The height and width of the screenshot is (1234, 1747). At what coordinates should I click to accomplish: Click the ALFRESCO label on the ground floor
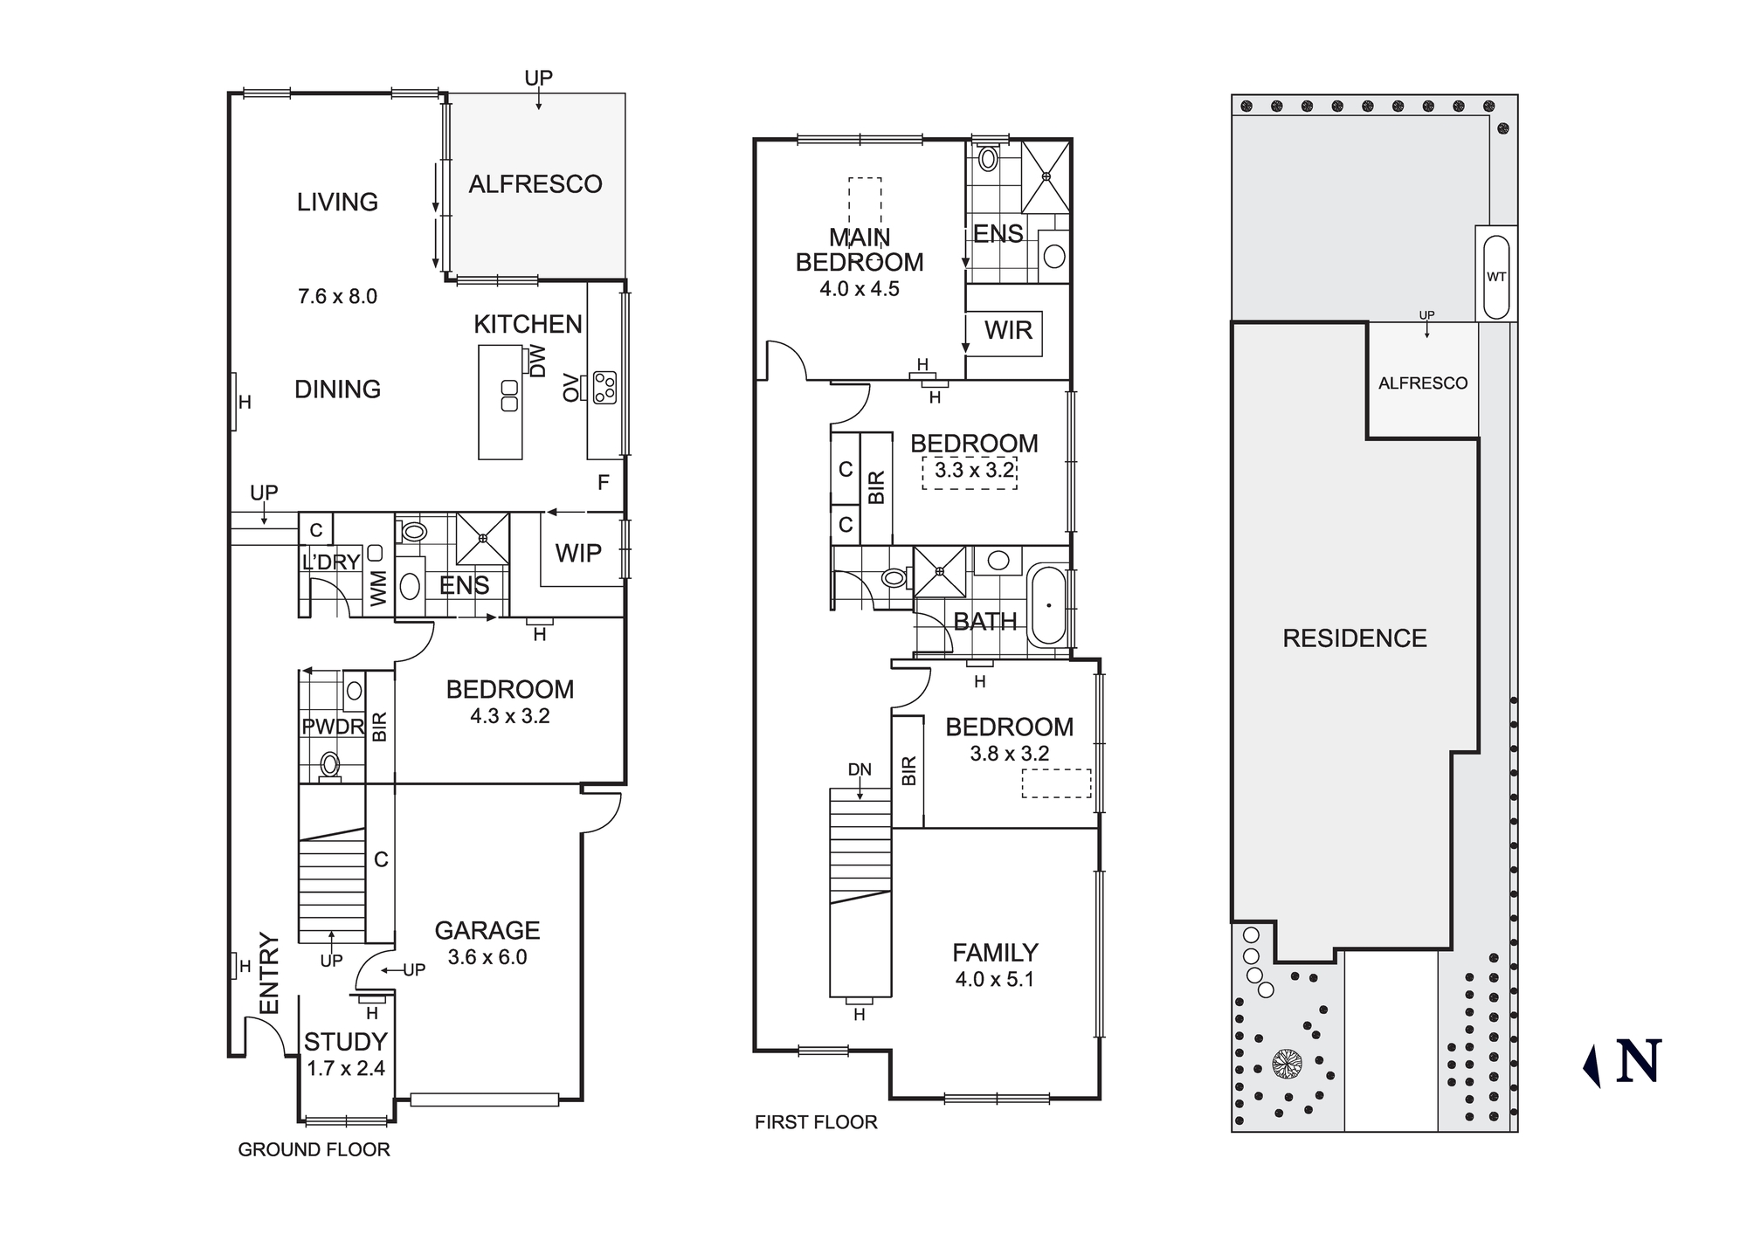[535, 184]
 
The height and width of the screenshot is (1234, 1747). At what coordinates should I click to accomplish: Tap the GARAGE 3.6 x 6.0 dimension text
[487, 957]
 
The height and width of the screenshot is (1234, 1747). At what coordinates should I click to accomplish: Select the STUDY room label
[346, 1042]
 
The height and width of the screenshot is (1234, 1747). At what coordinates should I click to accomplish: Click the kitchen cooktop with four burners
[604, 388]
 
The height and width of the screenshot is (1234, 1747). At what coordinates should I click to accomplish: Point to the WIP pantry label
[578, 553]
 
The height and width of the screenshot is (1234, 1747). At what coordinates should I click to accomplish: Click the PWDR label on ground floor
[333, 727]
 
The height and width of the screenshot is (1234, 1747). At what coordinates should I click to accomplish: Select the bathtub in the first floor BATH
[1048, 605]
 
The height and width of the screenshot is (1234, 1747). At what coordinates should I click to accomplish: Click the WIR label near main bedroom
[1008, 330]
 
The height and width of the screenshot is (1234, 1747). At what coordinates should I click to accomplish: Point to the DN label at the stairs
[860, 769]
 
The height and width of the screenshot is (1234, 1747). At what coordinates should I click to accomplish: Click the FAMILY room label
[995, 952]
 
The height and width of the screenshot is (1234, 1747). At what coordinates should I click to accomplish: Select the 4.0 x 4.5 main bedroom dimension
[860, 289]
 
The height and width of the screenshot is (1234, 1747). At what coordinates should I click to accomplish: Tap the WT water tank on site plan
[1496, 277]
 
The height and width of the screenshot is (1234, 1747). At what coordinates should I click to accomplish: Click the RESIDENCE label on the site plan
[1354, 638]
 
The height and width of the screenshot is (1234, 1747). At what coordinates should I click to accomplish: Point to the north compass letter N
[1639, 1063]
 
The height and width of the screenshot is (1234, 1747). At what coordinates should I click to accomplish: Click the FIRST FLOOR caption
[816, 1122]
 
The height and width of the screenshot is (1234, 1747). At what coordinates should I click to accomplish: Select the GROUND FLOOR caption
[314, 1149]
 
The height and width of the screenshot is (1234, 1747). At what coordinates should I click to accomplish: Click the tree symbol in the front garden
[1287, 1064]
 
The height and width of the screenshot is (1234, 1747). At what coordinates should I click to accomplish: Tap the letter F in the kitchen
[603, 482]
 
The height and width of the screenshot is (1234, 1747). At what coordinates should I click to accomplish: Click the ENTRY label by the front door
[269, 974]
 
